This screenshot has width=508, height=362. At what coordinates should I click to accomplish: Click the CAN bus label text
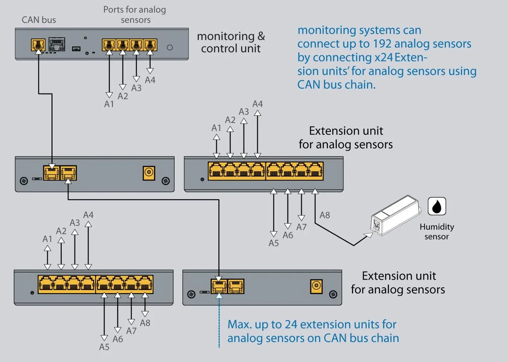click(x=39, y=20)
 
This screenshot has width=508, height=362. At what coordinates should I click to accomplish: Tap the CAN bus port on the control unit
click(x=38, y=45)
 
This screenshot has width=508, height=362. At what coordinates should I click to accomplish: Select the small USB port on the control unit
click(x=76, y=49)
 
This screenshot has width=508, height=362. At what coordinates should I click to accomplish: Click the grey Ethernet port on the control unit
click(x=57, y=44)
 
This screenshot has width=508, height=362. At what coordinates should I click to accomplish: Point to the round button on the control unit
click(x=170, y=48)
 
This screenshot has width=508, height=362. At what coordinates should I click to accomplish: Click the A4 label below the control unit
click(x=150, y=80)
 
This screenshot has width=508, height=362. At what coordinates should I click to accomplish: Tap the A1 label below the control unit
click(x=109, y=104)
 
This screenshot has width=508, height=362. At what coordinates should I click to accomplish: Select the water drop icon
click(x=437, y=206)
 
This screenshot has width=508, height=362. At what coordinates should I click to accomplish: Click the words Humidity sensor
click(x=437, y=232)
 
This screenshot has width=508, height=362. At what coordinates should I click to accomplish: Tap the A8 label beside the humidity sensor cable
click(x=325, y=215)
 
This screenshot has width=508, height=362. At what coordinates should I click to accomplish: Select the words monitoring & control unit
click(x=231, y=43)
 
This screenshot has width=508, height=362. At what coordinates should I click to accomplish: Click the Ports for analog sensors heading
click(x=135, y=15)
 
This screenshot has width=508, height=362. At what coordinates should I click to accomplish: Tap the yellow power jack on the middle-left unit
click(x=149, y=173)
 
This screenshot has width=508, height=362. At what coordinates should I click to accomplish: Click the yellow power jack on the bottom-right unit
click(x=316, y=287)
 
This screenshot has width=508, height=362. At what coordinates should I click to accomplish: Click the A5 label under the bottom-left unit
click(x=104, y=347)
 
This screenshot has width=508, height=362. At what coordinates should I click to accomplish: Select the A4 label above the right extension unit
click(x=258, y=104)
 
